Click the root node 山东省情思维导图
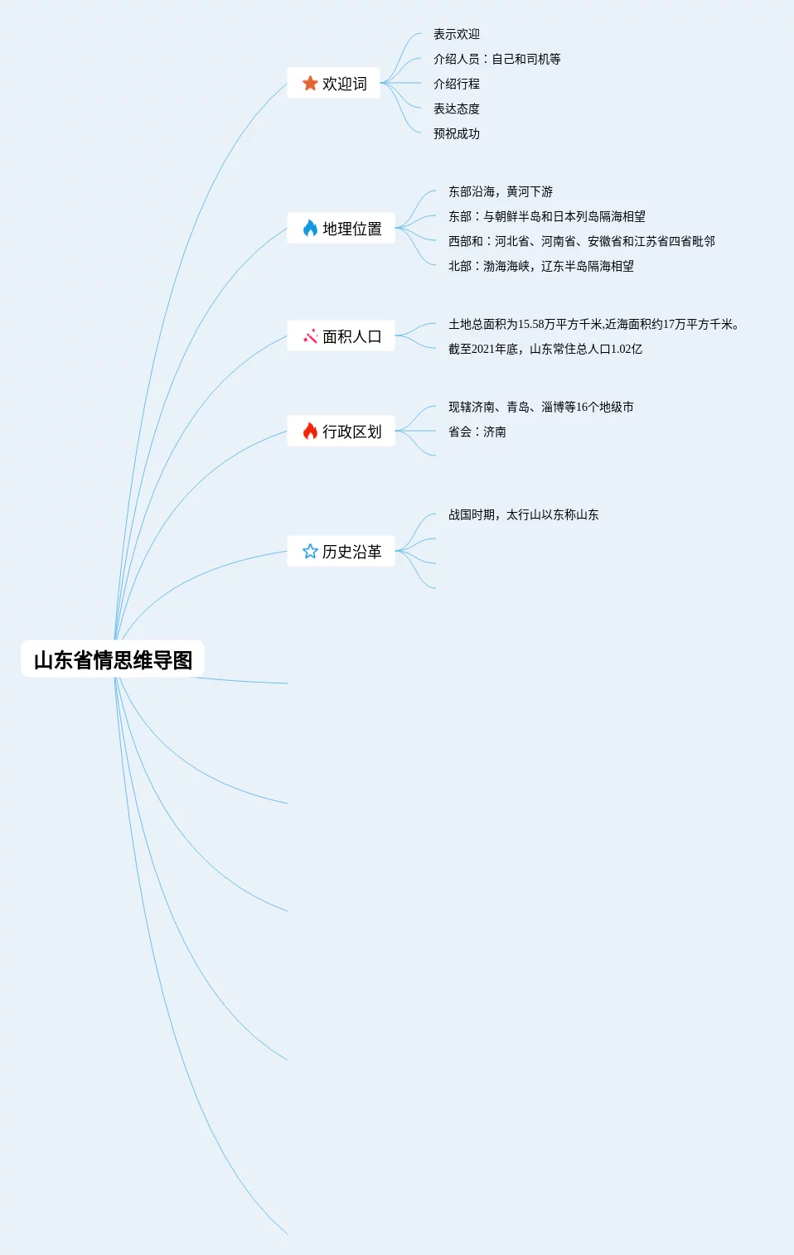(x=113, y=659)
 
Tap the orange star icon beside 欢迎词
(x=310, y=83)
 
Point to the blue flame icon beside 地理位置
(x=310, y=228)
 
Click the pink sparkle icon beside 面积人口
(x=310, y=335)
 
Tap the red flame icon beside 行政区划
(x=310, y=431)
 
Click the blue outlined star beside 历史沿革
(x=310, y=551)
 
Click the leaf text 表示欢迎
(x=457, y=34)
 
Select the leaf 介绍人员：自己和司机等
(x=497, y=59)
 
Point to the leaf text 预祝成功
(x=457, y=133)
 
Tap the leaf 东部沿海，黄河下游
(x=501, y=191)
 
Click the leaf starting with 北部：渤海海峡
(x=541, y=266)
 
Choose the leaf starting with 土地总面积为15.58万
(x=593, y=324)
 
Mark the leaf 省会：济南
(x=477, y=432)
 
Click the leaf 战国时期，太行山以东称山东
(x=524, y=514)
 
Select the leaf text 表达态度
(x=457, y=109)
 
